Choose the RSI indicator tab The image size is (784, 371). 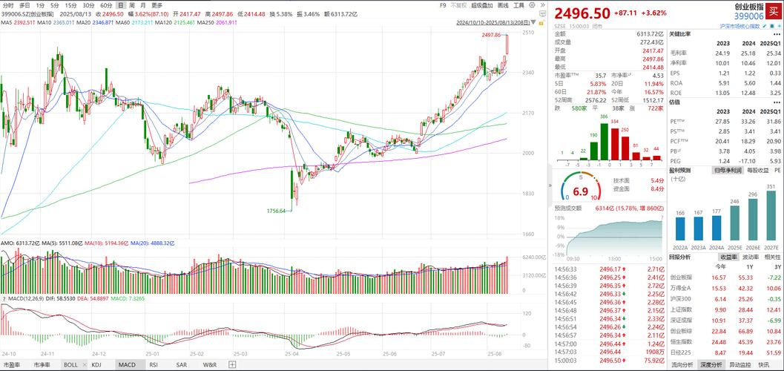pyautogui.click(x=154, y=365)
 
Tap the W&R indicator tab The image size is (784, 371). pyautogui.click(x=210, y=365)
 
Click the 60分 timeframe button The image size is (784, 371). pyautogui.click(x=106, y=5)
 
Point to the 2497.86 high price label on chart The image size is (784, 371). pyautogui.click(x=491, y=35)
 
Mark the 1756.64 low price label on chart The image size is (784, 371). pyautogui.click(x=277, y=211)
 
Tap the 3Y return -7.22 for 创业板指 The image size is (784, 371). pyautogui.click(x=774, y=276)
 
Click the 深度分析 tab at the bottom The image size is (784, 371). pyautogui.click(x=711, y=365)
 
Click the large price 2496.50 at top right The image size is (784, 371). pyautogui.click(x=583, y=13)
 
